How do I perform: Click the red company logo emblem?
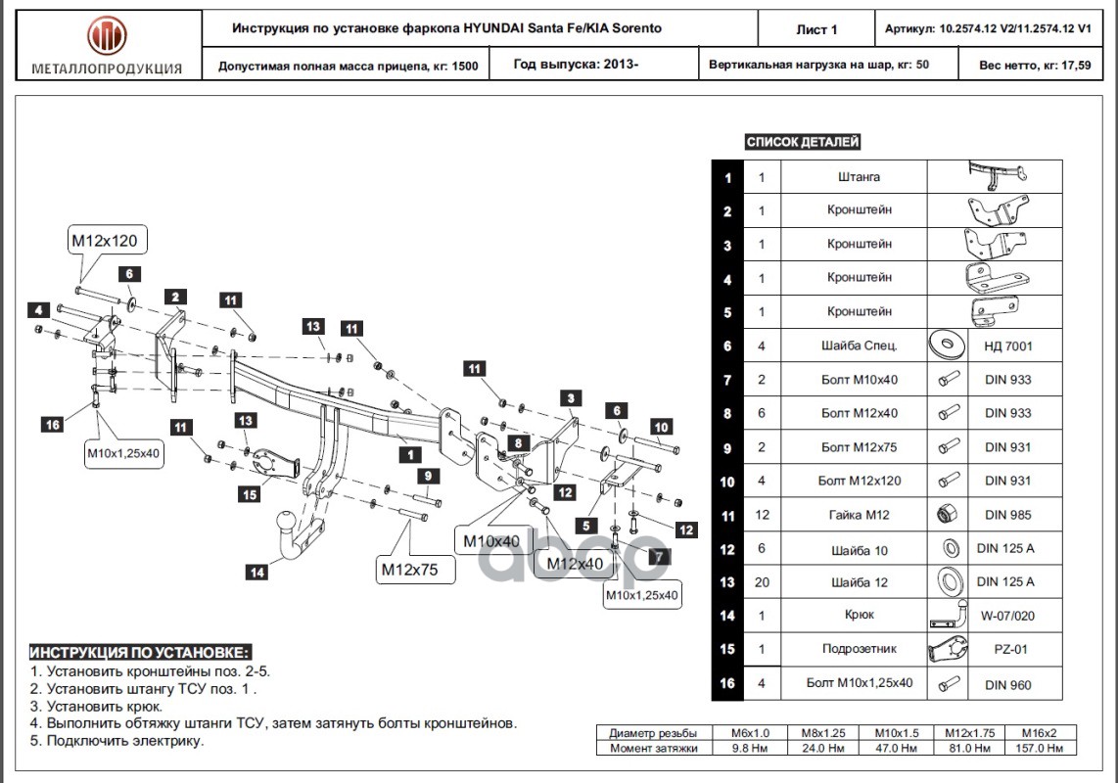click(107, 37)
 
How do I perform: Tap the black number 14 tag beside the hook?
click(257, 572)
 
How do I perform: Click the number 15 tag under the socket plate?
click(250, 494)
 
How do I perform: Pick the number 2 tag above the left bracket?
click(175, 297)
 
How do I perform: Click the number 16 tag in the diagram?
click(53, 425)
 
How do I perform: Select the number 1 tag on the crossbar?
click(410, 454)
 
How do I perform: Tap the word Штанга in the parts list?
click(859, 176)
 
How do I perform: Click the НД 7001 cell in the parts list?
click(1007, 345)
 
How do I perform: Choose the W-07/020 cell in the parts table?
click(1007, 616)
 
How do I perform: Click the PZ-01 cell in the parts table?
click(1010, 649)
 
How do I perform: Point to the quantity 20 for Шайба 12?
click(762, 582)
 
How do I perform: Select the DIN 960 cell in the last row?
click(1007, 684)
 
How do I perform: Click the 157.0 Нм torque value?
click(1039, 748)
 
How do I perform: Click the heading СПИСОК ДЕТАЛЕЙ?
click(802, 142)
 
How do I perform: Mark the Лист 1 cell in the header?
click(816, 29)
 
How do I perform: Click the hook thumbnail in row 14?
click(948, 615)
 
